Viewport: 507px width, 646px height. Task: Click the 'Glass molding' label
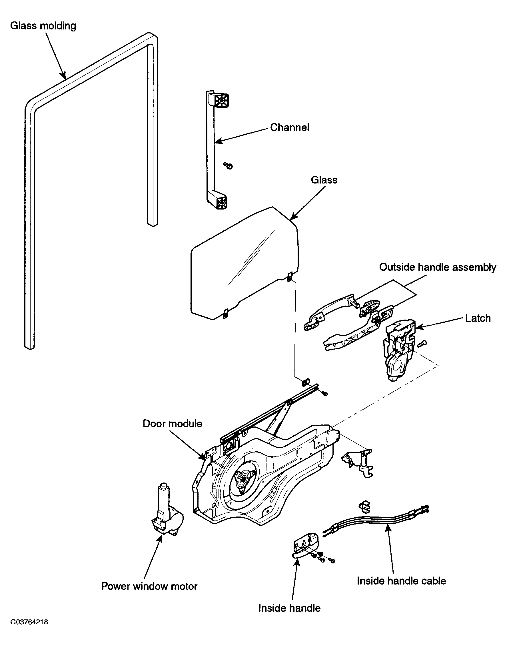click(43, 26)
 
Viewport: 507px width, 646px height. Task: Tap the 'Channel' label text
click(289, 127)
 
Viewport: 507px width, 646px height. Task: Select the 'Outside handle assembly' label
click(438, 267)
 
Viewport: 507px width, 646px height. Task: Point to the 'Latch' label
click(478, 318)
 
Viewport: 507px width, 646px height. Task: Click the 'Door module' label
click(173, 424)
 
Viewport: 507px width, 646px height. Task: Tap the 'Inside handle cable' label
click(401, 581)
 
